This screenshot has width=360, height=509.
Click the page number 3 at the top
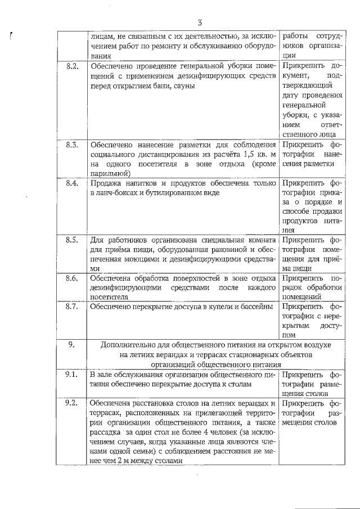[199, 22]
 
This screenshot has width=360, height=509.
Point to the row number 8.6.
[71, 277]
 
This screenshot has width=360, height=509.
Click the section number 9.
[71, 344]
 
